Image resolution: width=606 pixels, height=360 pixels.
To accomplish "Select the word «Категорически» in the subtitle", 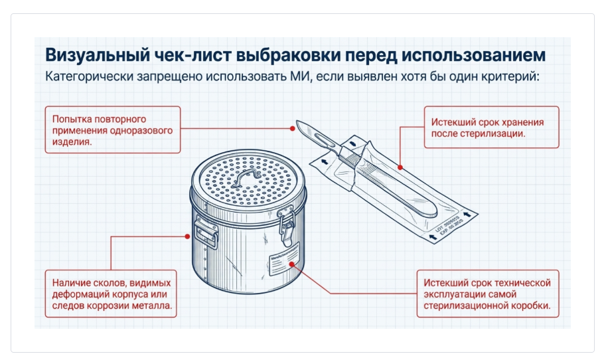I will [89, 75].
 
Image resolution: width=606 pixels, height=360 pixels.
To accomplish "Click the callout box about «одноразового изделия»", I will [112, 130].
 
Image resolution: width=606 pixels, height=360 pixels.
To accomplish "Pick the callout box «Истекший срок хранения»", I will [492, 128].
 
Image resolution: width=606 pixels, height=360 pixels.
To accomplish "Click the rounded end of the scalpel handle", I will [430, 214].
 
